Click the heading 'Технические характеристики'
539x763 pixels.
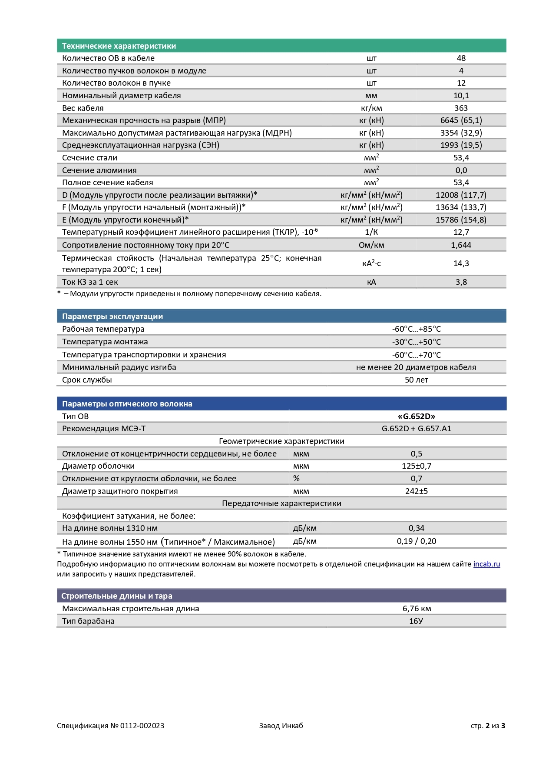(x=119, y=46)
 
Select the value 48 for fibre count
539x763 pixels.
(x=461, y=58)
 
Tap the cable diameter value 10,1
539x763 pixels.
(x=461, y=95)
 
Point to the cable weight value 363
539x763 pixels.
(x=461, y=108)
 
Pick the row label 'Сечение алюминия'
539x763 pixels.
(x=99, y=170)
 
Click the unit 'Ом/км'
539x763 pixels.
(x=371, y=245)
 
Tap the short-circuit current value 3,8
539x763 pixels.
(x=461, y=282)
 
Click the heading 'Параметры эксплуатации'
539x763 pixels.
(x=112, y=316)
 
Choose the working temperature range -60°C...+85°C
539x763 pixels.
(x=416, y=329)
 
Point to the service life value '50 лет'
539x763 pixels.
(x=416, y=380)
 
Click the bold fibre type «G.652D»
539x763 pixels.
(x=416, y=416)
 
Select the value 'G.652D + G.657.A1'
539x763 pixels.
(x=416, y=428)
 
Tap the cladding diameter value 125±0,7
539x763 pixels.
(x=416, y=466)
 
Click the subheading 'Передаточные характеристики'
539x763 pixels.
(x=281, y=503)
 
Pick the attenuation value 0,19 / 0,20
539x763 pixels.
(x=416, y=541)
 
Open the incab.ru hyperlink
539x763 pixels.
(x=486, y=564)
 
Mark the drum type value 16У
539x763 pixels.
(x=416, y=621)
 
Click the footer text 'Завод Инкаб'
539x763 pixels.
(x=281, y=725)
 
